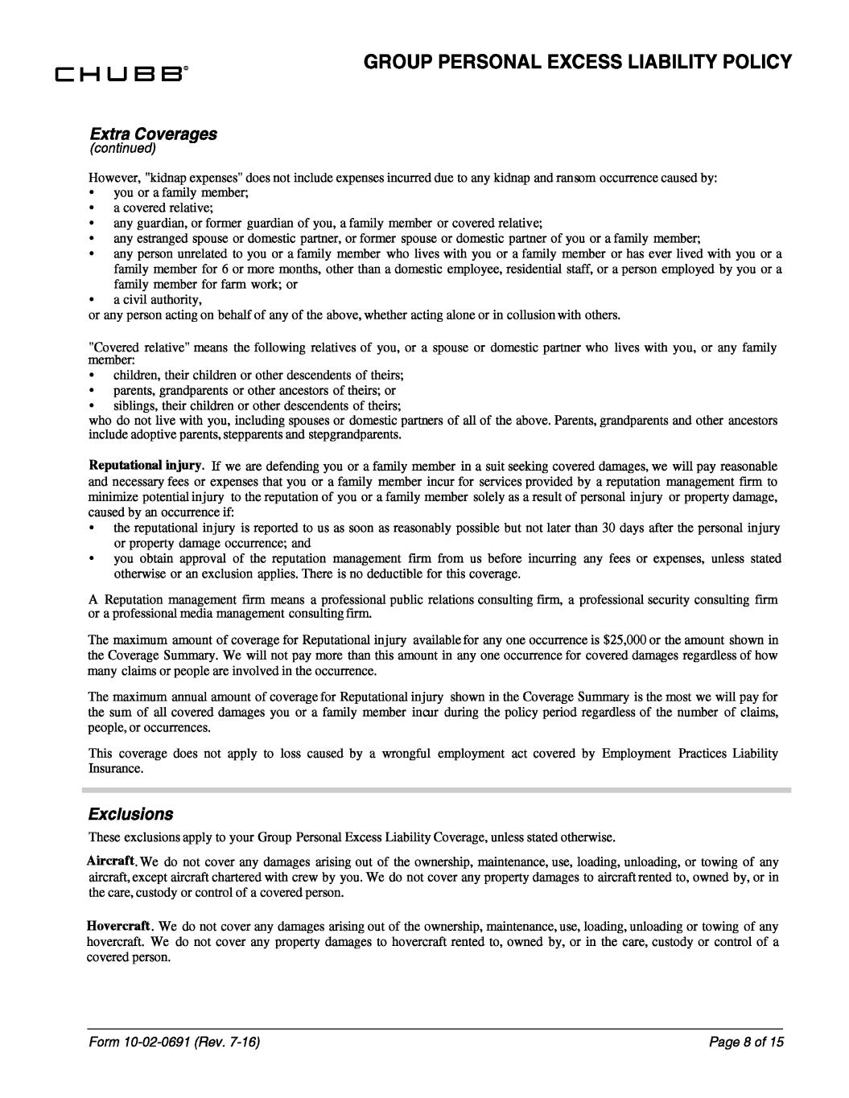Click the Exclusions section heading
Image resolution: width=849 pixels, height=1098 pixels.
point(130,813)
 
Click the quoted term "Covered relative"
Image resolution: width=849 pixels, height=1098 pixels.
point(136,347)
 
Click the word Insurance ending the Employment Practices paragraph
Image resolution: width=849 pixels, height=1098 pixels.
point(116,769)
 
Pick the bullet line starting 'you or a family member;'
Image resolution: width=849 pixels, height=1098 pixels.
point(181,193)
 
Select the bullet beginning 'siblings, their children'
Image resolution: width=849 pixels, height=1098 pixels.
point(258,405)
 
